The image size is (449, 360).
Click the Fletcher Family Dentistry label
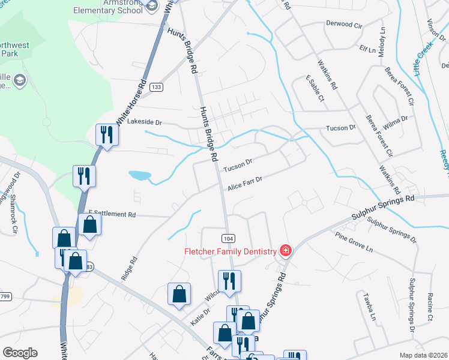coord(230,251)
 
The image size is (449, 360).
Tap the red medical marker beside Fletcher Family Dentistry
coord(286,251)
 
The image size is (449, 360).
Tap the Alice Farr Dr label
coord(245,184)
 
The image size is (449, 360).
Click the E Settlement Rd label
coord(112,214)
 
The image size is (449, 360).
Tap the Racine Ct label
coord(430,307)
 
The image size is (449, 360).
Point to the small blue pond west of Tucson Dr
coord(139,176)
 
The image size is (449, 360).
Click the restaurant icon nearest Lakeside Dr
coord(107,134)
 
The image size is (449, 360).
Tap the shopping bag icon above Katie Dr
coord(179,294)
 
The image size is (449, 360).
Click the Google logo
coord(20,353)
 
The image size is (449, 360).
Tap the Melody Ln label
coord(381,41)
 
